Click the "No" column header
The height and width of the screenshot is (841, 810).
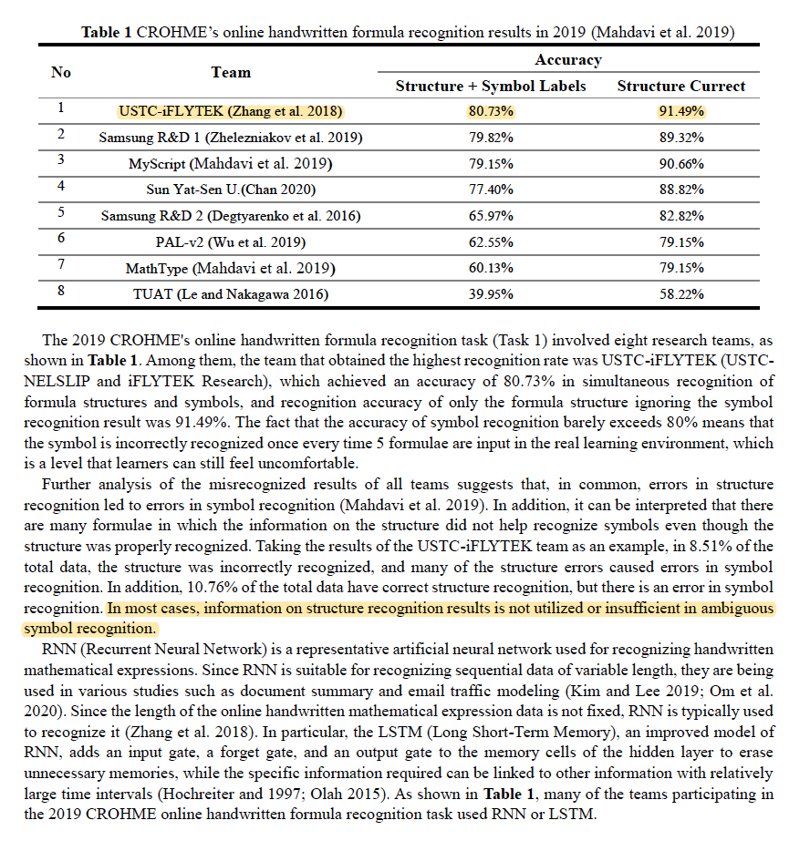click(61, 72)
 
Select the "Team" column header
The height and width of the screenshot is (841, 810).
click(231, 72)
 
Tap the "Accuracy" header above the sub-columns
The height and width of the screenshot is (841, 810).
click(568, 60)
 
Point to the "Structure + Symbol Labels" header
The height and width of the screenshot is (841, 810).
click(491, 87)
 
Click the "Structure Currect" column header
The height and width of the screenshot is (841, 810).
click(680, 87)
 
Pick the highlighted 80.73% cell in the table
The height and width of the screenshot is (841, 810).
click(491, 111)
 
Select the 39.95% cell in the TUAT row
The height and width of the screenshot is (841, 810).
click(491, 293)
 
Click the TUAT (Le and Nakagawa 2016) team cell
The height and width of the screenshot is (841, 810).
click(231, 293)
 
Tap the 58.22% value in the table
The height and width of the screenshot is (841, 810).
click(680, 293)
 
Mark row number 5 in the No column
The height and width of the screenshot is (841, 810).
click(61, 214)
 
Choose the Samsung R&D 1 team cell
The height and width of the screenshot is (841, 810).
click(231, 138)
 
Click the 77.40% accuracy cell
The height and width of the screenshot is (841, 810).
click(491, 190)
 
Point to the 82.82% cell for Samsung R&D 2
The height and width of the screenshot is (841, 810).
click(680, 216)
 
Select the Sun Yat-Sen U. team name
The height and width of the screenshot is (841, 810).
click(231, 190)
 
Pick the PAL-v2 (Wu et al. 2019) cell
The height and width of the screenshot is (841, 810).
click(231, 241)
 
